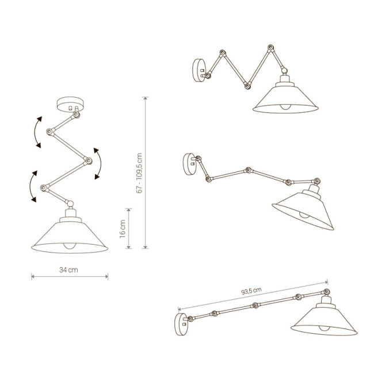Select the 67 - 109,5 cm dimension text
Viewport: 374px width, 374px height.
(x=139, y=173)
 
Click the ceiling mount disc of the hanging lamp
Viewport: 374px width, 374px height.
(x=70, y=105)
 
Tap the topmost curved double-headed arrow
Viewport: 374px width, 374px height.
(x=37, y=132)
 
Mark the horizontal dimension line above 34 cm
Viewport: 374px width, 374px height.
(x=70, y=277)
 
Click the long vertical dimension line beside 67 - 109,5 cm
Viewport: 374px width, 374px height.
(x=145, y=173)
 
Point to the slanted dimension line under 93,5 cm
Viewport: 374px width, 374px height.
(x=253, y=296)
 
